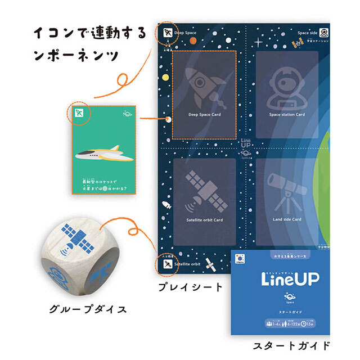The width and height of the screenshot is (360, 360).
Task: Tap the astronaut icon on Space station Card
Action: (286, 87)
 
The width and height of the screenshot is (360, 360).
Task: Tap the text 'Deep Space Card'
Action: (204, 115)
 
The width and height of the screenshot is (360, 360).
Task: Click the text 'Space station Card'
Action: (287, 115)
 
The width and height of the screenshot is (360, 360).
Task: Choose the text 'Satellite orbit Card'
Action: (204, 220)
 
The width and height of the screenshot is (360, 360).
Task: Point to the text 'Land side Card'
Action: (287, 219)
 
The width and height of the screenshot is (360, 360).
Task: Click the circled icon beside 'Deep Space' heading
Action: (166, 33)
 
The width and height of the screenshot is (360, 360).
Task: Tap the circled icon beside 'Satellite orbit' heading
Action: (166, 263)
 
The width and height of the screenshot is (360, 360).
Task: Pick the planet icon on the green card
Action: (128, 113)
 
